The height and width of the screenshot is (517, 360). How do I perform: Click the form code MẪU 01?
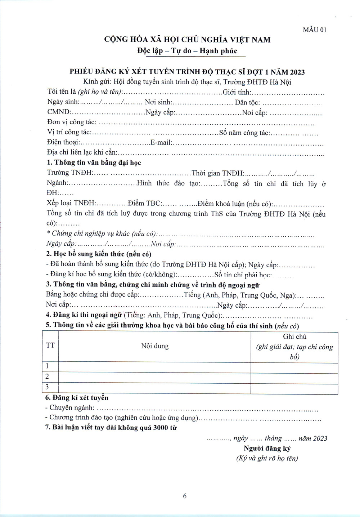(x=314, y=30)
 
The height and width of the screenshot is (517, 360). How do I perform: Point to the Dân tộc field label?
(x=247, y=103)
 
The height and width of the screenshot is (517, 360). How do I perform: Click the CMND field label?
(x=59, y=112)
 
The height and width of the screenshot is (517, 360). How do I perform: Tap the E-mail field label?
(x=161, y=143)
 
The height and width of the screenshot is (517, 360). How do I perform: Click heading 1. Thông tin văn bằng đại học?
(x=94, y=162)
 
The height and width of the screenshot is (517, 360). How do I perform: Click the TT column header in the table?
(x=50, y=346)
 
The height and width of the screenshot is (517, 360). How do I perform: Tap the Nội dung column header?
(x=155, y=346)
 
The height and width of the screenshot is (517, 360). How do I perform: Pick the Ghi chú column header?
(x=294, y=337)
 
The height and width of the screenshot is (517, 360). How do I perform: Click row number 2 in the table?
(x=47, y=377)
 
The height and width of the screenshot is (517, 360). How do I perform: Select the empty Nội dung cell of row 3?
(x=154, y=388)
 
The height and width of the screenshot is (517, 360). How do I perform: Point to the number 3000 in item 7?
(x=161, y=428)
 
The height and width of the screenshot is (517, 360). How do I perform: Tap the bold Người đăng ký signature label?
(x=267, y=449)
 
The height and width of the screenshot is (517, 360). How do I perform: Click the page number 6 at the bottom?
(x=185, y=496)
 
